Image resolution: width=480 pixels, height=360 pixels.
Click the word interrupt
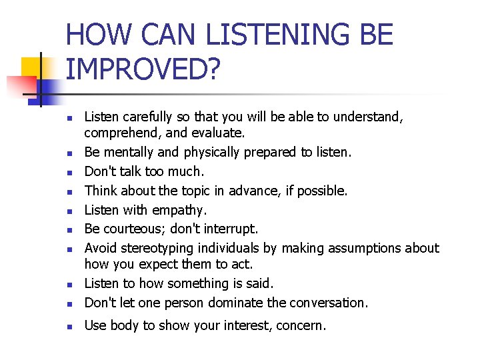[229, 229]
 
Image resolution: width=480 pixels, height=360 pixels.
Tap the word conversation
[327, 303]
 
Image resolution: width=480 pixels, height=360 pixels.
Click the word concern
[302, 326]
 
